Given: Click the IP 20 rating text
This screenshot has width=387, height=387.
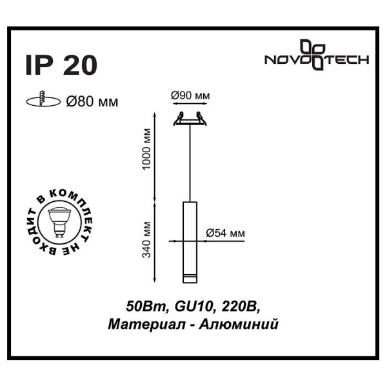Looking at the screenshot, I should (61, 65).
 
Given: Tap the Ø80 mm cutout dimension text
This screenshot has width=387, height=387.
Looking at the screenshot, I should (93, 101).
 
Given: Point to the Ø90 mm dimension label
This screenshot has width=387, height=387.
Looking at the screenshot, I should (190, 96).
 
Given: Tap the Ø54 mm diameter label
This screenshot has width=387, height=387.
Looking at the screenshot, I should (225, 233).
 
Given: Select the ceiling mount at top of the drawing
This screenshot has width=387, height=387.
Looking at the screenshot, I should (190, 119).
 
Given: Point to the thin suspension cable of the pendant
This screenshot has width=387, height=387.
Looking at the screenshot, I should (190, 161).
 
